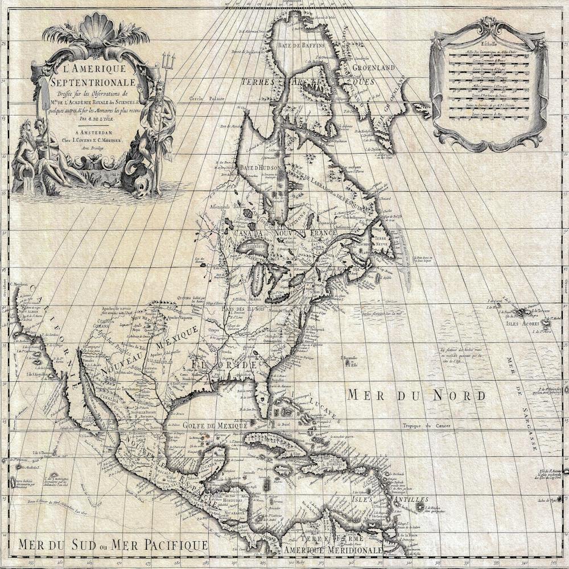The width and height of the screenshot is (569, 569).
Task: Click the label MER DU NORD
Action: pyautogui.click(x=417, y=395)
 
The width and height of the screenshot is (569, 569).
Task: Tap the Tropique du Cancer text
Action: pyautogui.click(x=427, y=426)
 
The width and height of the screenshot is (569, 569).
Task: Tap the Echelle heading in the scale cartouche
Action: pyautogui.click(x=488, y=43)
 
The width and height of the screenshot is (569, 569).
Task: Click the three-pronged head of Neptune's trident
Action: pyautogui.click(x=168, y=59)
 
